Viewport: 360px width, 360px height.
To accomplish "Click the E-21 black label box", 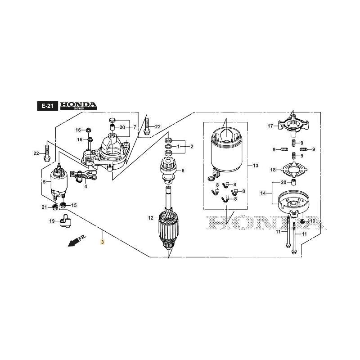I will tap(47, 106).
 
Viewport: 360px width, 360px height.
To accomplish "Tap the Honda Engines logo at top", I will tap(79, 106).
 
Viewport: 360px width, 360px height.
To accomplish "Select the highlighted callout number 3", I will tap(103, 242).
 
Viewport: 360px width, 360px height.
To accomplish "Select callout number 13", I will tap(256, 166).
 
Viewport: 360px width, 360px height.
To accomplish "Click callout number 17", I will tap(270, 126).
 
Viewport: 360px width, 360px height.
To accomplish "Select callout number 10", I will tap(313, 221).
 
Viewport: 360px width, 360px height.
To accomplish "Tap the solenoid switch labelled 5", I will tap(57, 182).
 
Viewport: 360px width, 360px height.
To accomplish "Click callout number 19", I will tap(52, 221).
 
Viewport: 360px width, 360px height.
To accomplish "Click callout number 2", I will tap(192, 147).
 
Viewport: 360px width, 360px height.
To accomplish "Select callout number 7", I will tap(135, 127).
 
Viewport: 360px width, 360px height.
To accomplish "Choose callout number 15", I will tap(74, 205).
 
